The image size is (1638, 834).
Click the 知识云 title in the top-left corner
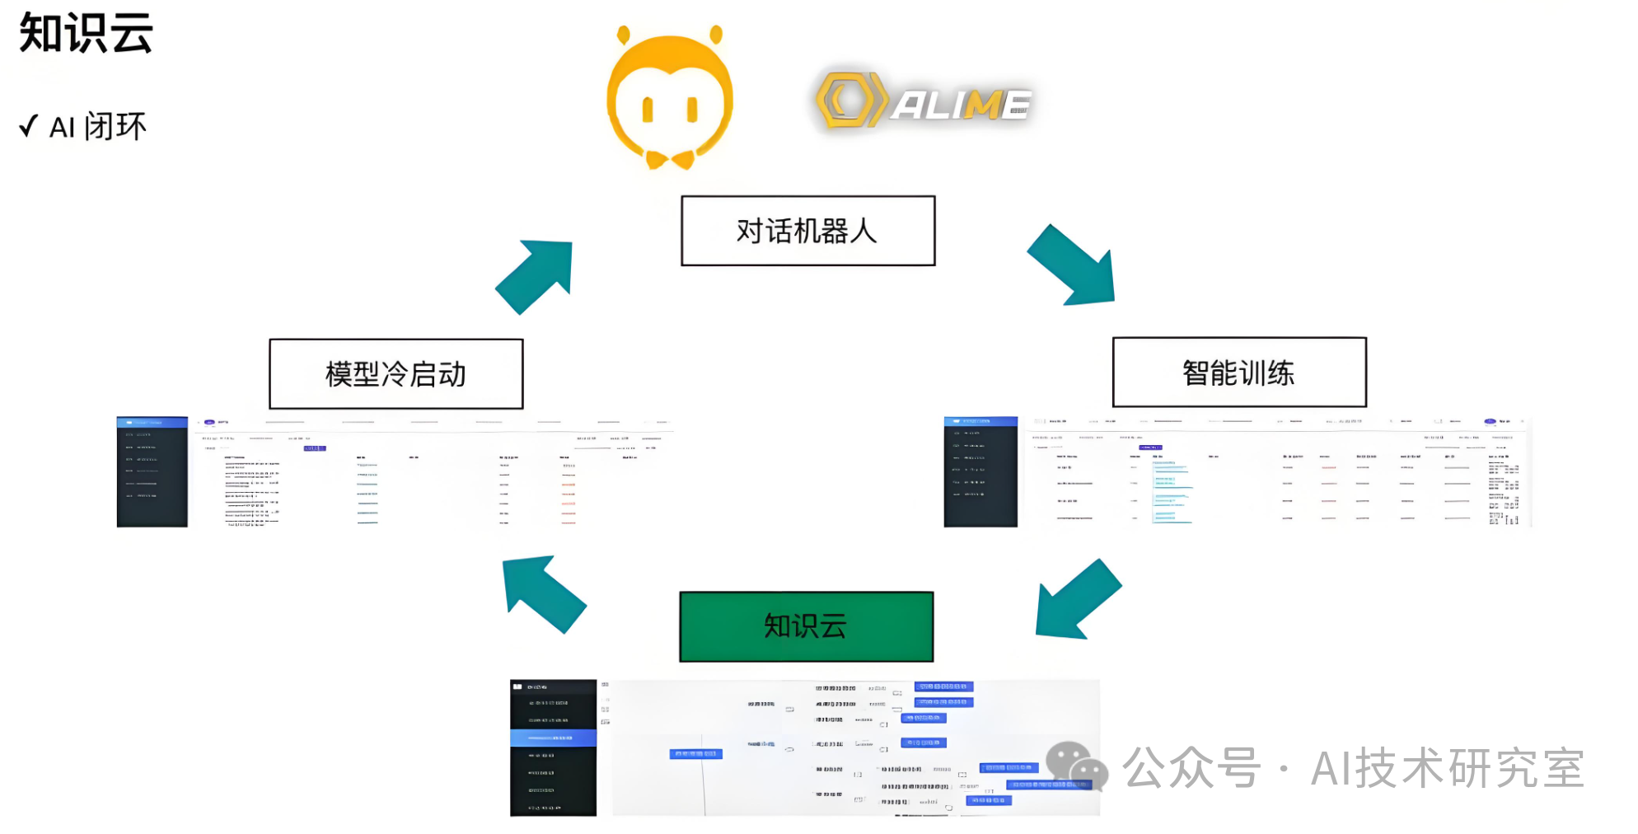86,34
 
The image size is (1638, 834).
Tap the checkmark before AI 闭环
29,126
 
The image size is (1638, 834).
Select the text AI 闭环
98,127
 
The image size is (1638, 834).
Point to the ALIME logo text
961,105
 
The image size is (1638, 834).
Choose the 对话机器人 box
807,231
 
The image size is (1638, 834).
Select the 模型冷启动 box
395,374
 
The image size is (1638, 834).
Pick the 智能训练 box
1238,372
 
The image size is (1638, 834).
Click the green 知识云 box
806,626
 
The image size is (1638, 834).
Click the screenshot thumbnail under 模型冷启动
395,472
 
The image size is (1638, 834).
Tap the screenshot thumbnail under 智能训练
1236,472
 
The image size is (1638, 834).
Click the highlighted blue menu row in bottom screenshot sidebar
553,738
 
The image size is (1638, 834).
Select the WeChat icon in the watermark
1076,766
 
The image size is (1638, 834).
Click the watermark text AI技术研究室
1447,768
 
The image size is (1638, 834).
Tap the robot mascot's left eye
648,109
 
